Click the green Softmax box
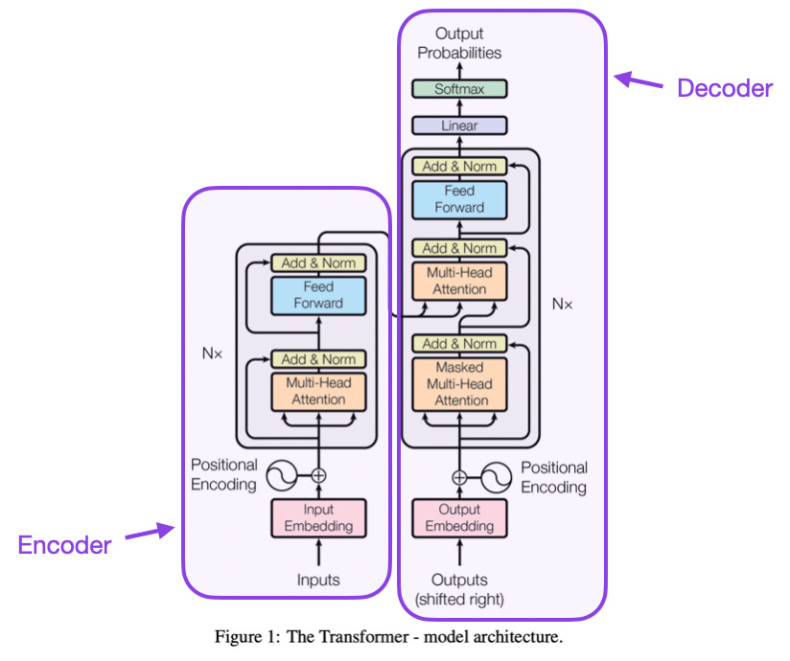(x=459, y=89)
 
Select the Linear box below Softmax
(x=459, y=125)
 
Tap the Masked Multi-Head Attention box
(x=459, y=383)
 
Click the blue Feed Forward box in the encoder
(x=318, y=295)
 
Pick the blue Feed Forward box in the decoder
(x=459, y=199)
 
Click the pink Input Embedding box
(x=318, y=517)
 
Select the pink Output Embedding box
(x=459, y=517)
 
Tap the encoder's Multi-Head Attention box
(x=318, y=391)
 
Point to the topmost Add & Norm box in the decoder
(x=459, y=166)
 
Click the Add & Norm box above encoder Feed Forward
(x=318, y=262)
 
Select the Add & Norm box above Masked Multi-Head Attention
(x=459, y=343)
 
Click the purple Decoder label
(x=724, y=89)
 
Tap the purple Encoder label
(x=64, y=545)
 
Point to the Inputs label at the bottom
(x=318, y=581)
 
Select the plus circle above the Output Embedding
(x=459, y=476)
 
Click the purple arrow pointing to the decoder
(x=639, y=81)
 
